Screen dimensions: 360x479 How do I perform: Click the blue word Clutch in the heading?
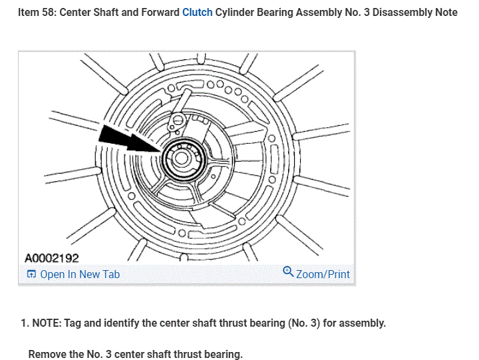[197, 13]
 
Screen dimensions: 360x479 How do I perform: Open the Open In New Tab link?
[80, 274]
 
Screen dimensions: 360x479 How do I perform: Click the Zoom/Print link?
[323, 274]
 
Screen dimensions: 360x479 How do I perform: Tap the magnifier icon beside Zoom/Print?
[288, 272]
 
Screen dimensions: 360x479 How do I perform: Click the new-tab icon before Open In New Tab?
[31, 274]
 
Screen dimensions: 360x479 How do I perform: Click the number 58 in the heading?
[49, 13]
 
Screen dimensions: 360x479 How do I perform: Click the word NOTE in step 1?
[46, 323]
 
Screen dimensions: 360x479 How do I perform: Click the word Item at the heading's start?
[29, 13]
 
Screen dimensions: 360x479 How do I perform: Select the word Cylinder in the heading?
[236, 13]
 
